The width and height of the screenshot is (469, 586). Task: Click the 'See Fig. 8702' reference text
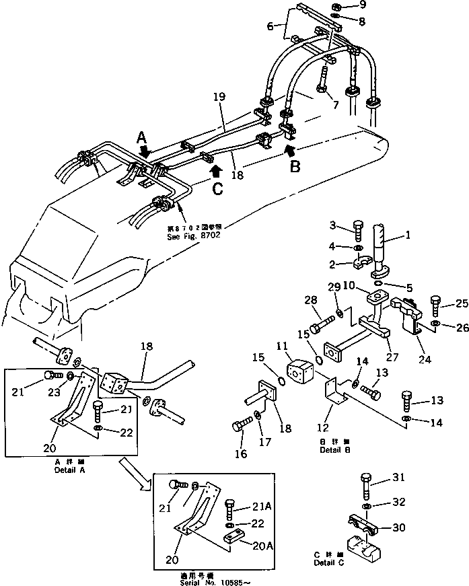tap(194, 236)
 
